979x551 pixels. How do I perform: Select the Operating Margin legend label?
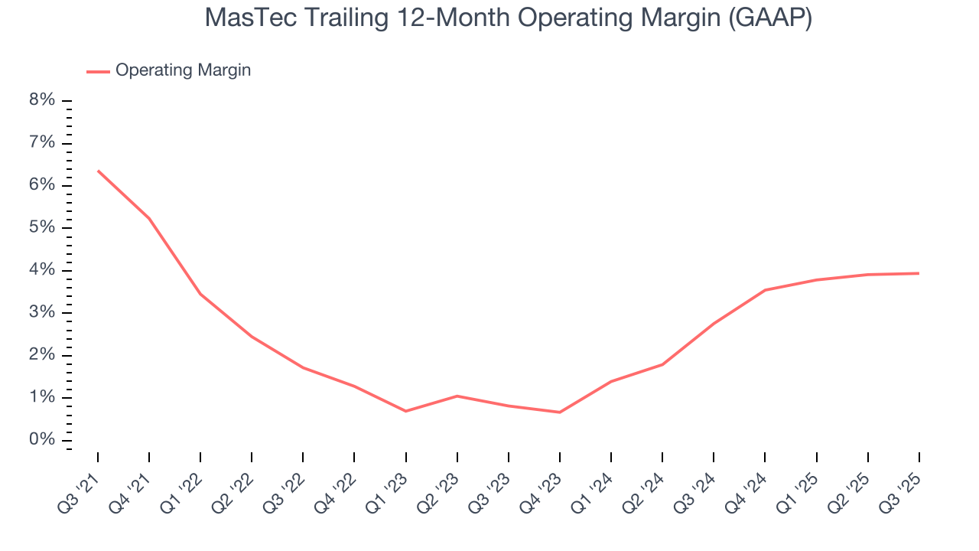183,70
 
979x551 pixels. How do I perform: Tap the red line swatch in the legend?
98,71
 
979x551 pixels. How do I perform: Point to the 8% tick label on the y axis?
43,100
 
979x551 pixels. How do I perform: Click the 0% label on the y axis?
43,440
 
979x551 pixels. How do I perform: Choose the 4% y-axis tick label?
43,270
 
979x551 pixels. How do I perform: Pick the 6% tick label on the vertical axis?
43,185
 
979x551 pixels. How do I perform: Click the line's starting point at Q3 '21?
98,171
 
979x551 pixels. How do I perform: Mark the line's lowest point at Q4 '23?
560,412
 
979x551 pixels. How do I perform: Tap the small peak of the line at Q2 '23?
457,396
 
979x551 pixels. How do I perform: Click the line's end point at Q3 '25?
919,273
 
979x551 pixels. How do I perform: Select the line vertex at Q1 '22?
200,294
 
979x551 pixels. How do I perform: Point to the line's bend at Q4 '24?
765,290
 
